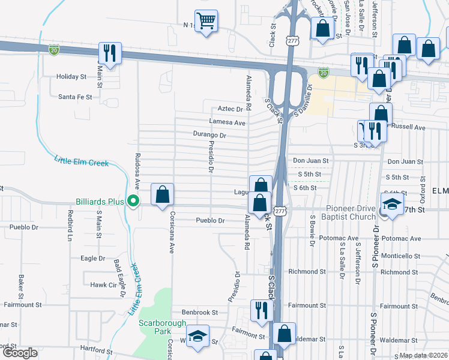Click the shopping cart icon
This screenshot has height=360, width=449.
[206, 22]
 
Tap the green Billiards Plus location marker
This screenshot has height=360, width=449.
[134, 202]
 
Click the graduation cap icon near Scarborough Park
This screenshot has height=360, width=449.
[196, 337]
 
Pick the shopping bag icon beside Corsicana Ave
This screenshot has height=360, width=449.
[162, 194]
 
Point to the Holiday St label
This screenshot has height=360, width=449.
[71, 77]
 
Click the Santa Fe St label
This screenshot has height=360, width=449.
[75, 97]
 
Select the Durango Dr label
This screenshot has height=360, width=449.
[209, 136]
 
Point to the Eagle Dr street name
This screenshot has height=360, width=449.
[93, 259]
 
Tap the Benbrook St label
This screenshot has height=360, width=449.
[199, 313]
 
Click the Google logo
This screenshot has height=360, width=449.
[20, 353]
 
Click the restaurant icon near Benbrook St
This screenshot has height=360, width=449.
[261, 311]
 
